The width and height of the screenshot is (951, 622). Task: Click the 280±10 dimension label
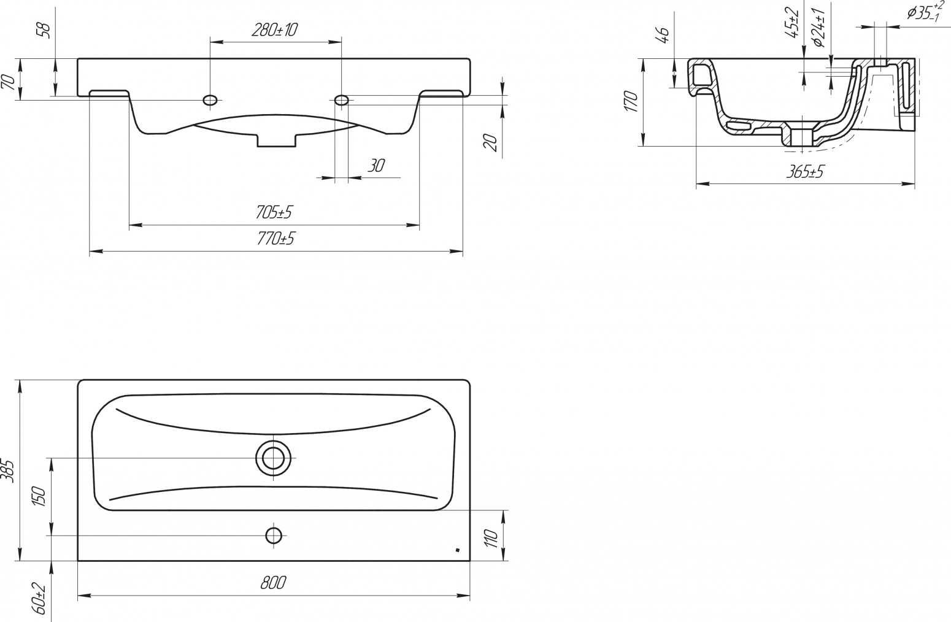275,30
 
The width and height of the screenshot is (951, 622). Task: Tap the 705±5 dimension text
274,212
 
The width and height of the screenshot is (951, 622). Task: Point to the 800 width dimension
273,583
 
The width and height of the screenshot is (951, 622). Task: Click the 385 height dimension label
9,470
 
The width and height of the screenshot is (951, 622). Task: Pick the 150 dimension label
39,496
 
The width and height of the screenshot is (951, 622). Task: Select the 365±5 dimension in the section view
804,172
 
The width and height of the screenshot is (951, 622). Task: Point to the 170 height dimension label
632,101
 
